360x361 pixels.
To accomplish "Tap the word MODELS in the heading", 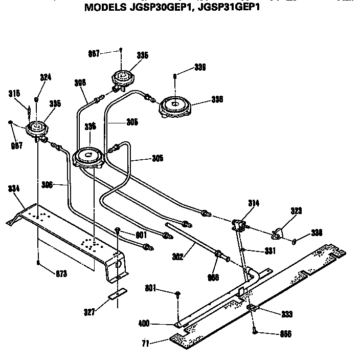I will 102,8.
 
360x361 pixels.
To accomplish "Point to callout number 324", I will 46,78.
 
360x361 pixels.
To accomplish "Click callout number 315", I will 14,93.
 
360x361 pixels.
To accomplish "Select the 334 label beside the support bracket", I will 14,189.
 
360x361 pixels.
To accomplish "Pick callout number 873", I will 61,273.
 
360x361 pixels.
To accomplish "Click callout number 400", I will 144,324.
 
